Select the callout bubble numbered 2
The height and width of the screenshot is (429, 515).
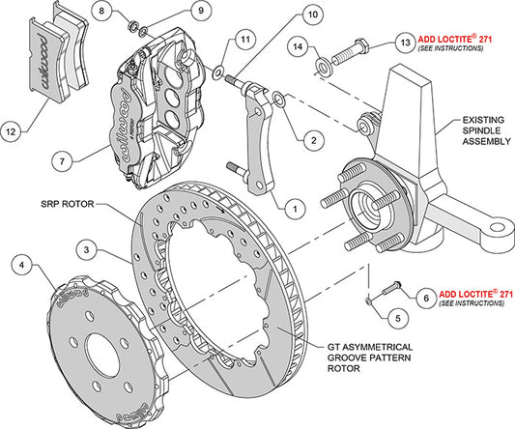coord(311,139)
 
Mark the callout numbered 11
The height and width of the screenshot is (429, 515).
coord(247,38)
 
